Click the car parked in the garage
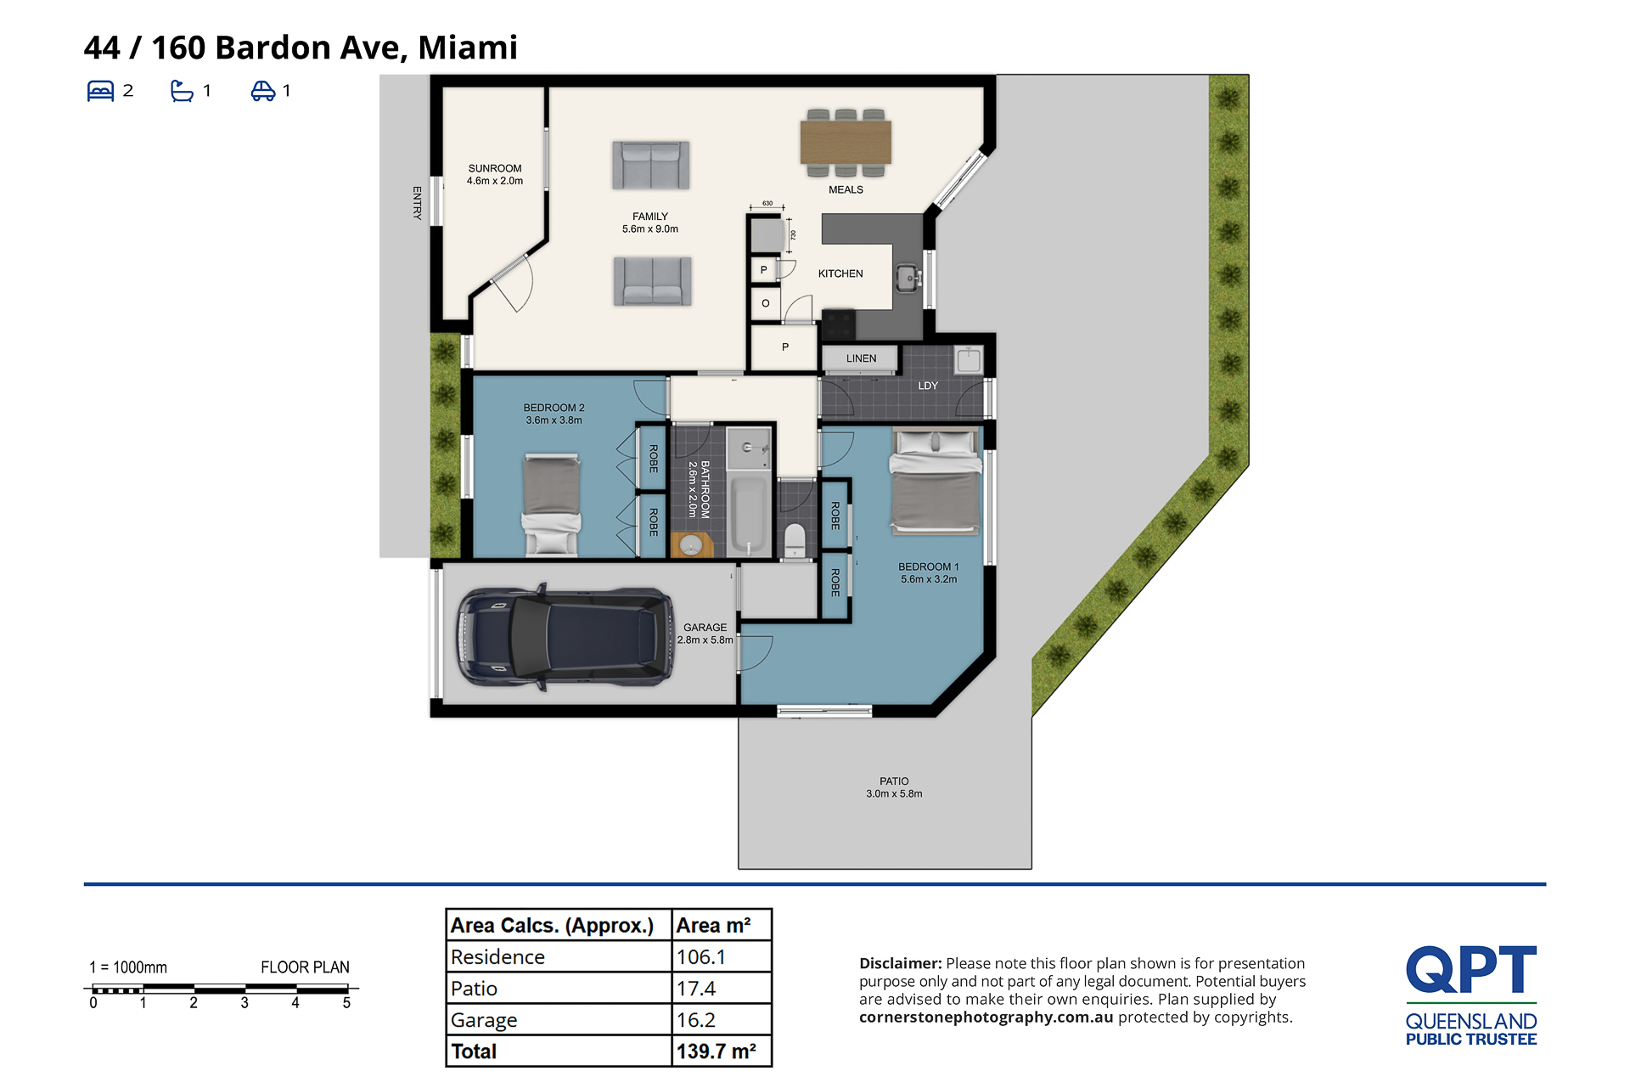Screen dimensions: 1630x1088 click(565, 636)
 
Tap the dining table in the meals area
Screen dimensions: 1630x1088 click(846, 142)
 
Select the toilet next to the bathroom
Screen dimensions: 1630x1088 click(795, 541)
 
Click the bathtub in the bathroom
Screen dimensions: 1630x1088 click(749, 514)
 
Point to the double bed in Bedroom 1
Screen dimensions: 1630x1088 click(936, 482)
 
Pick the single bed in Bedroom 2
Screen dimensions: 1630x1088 click(552, 505)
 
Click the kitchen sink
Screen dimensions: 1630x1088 click(908, 277)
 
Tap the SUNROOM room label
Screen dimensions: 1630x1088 click(495, 168)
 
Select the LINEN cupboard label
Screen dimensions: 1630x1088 click(861, 358)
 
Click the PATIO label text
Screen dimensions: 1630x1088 click(894, 781)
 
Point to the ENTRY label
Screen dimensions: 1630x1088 click(417, 203)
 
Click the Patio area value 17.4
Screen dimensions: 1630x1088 click(696, 989)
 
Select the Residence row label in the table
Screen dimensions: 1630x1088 click(497, 957)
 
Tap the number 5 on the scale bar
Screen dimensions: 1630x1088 click(346, 1003)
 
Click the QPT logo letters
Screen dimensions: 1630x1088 click(1471, 969)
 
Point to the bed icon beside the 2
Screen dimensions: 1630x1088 click(100, 91)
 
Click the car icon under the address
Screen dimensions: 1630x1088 click(263, 91)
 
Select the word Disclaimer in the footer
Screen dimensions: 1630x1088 click(901, 963)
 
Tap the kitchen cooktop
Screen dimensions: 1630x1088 click(839, 324)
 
